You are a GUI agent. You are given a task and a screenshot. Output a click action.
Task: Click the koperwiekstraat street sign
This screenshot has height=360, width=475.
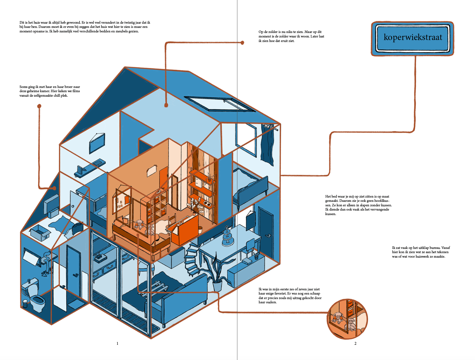click(412, 39)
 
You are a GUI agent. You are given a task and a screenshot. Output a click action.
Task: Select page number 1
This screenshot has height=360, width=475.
click(117, 343)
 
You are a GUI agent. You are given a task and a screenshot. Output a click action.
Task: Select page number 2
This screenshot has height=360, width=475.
click(355, 343)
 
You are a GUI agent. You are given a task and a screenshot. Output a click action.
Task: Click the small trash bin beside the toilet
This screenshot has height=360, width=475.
click(25, 303)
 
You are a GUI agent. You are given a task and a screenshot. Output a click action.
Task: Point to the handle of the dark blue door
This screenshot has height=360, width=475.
click(268, 236)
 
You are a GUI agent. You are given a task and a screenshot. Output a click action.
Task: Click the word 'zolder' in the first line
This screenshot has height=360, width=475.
click(273, 32)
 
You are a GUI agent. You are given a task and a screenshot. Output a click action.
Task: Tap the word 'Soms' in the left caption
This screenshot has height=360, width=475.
click(23, 87)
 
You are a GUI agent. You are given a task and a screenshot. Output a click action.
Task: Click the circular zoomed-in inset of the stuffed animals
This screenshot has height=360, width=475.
click(348, 319)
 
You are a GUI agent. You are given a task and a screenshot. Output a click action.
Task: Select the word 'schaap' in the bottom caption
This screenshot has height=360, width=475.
click(315, 293)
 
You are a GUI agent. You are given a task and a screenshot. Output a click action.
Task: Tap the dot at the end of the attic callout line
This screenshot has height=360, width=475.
click(242, 43)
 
